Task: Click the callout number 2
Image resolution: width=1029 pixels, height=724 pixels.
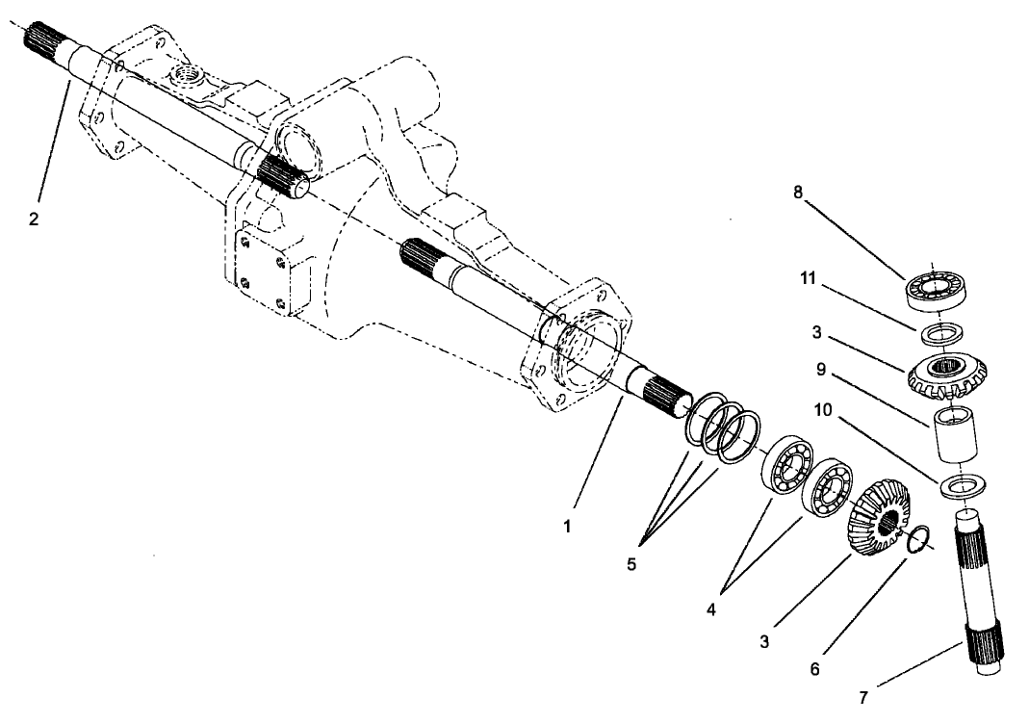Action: [x=34, y=220]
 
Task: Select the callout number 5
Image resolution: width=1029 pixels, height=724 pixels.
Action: [x=631, y=565]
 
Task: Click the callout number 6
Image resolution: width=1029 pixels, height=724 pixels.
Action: [x=814, y=667]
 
